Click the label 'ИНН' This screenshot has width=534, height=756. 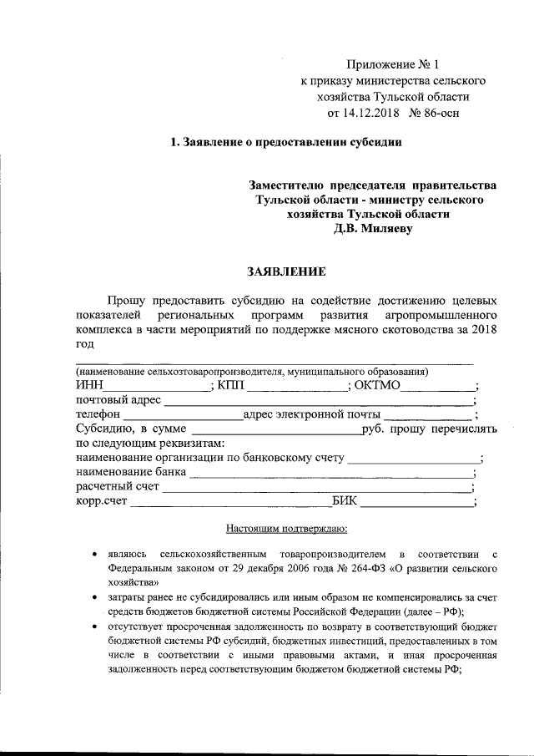tap(88, 385)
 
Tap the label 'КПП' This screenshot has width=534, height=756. tap(234, 385)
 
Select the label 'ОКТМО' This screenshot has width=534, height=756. tap(378, 385)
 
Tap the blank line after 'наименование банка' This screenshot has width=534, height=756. tap(330, 474)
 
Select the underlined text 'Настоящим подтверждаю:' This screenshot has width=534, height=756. tap(286, 529)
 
